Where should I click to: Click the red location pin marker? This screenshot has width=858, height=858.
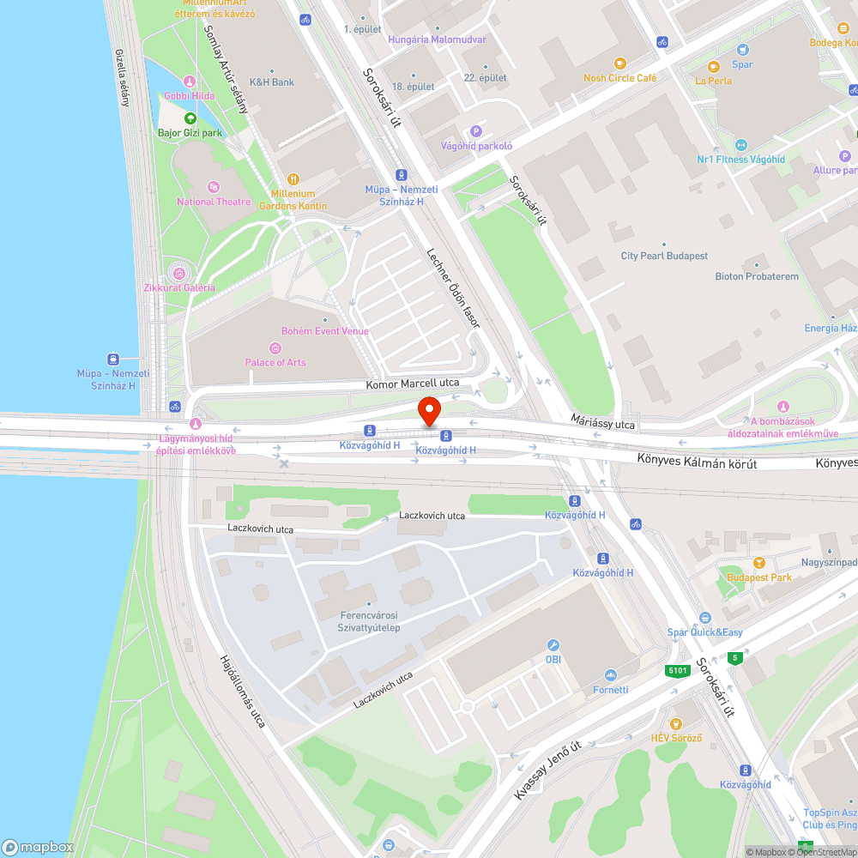429,410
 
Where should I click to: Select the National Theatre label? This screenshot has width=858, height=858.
214,202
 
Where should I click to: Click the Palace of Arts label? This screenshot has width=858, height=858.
275,362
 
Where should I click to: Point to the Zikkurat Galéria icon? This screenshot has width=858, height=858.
179,273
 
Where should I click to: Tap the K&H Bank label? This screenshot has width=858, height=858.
271,82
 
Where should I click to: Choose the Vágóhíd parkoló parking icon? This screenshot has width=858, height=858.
476,131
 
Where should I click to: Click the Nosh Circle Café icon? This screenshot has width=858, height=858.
619,63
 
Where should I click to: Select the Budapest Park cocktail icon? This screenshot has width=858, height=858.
758,563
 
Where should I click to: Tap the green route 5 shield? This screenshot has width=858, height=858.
734,658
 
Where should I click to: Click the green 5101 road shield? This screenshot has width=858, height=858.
678,671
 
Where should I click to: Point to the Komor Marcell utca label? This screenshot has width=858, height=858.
413,384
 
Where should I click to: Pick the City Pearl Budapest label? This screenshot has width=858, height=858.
664,256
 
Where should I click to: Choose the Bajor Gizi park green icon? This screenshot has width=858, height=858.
190,118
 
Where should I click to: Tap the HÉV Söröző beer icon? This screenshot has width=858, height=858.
676,724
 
